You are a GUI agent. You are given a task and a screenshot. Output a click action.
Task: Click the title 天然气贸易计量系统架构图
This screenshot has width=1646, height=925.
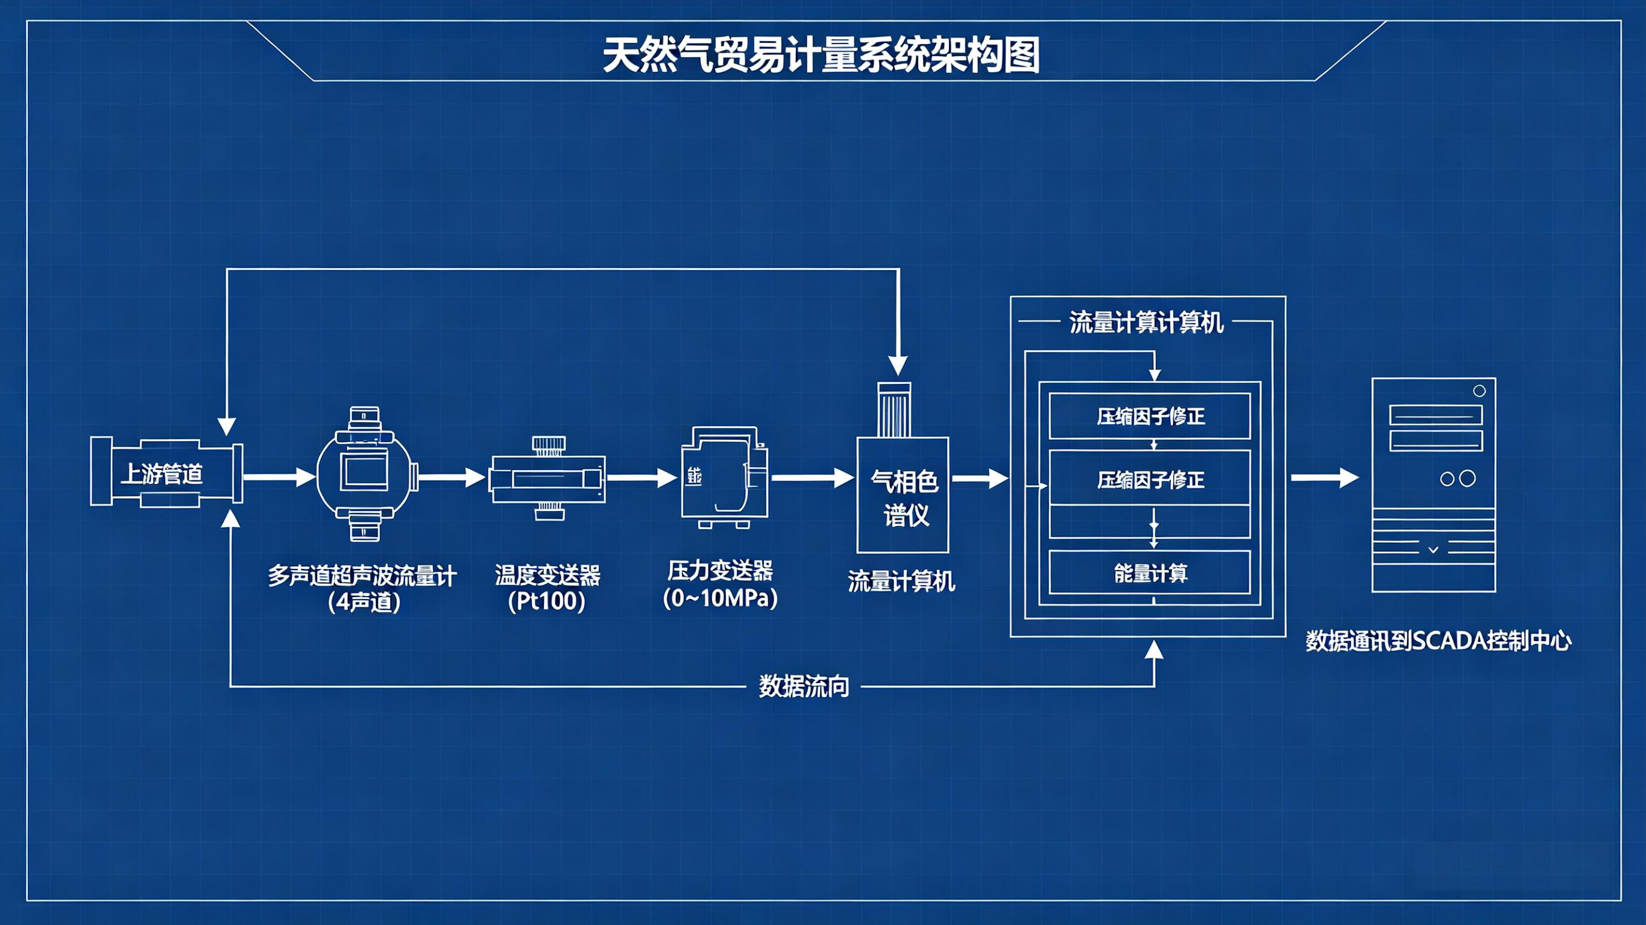coord(821,55)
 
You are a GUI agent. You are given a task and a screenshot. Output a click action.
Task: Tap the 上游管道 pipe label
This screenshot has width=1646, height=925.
coord(162,474)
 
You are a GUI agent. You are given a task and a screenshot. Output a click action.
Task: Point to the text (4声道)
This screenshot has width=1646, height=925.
coord(364,603)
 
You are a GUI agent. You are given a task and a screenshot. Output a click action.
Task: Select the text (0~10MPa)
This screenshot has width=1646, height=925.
coord(720,598)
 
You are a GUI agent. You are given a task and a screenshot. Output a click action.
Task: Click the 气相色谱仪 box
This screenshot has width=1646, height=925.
coord(903,496)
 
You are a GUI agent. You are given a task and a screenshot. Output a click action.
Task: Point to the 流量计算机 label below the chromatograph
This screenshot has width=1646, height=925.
coord(901,582)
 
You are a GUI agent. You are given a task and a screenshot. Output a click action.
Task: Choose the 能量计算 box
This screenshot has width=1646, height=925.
coord(1150,573)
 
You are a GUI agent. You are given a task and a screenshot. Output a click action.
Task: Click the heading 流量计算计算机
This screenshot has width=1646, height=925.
coord(1146,322)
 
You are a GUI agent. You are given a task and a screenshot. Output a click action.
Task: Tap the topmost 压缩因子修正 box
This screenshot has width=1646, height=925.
coord(1150,416)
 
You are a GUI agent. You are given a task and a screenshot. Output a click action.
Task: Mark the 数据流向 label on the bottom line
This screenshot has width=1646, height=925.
coord(804,686)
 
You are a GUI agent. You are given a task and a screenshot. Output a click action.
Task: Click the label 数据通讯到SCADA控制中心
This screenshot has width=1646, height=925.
coord(1438,641)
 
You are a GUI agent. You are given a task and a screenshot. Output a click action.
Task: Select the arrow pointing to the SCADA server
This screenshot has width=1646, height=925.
coord(1324,478)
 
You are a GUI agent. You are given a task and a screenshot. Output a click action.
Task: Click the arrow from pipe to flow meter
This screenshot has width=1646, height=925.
coord(279,477)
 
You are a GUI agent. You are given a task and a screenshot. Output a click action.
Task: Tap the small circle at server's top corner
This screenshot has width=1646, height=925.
coord(1479,391)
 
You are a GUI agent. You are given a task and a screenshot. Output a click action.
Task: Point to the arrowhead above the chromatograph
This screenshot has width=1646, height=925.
coord(898,365)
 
